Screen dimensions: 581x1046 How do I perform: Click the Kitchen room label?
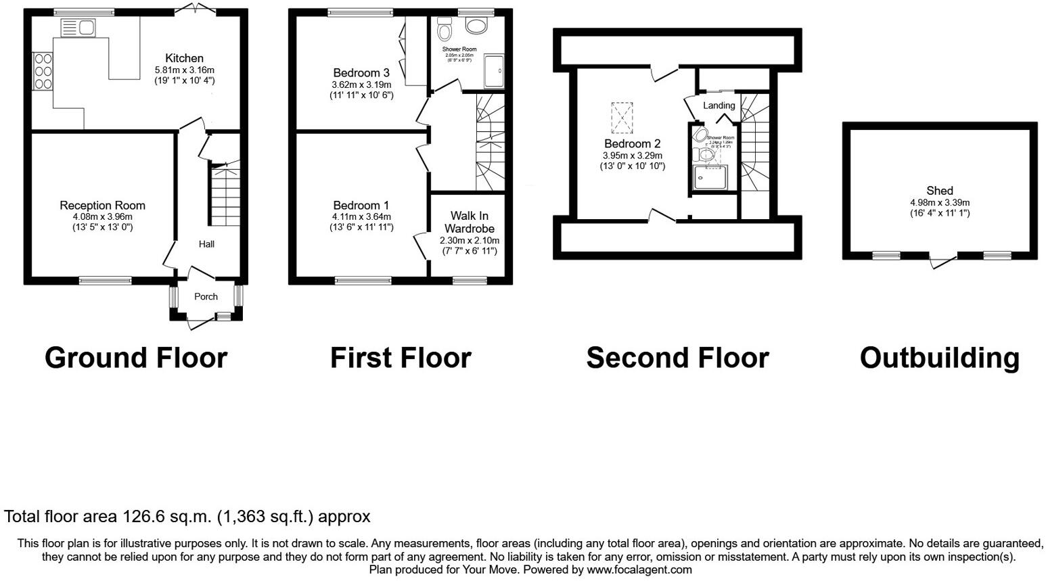(184, 58)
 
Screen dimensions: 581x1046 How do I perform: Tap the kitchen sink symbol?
(79, 28)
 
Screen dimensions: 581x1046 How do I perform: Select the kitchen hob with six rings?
(43, 70)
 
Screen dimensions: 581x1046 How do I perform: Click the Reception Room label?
(102, 206)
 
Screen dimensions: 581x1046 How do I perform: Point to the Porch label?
(206, 296)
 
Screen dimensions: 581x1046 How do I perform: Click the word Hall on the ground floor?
(206, 243)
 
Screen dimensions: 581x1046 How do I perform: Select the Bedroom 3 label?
(361, 73)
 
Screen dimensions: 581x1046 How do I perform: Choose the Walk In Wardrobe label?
(469, 223)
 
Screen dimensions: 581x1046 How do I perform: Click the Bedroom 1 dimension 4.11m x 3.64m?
(361, 217)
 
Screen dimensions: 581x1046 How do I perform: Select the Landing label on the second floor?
(719, 106)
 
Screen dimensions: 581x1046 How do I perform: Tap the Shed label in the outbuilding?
(939, 191)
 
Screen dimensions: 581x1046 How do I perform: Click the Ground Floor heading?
(136, 358)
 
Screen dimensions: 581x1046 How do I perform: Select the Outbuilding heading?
(939, 358)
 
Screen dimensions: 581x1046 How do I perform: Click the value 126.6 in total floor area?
(143, 517)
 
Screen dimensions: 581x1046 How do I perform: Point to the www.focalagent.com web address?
(639, 570)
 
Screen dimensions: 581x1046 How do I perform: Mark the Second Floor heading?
(677, 358)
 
